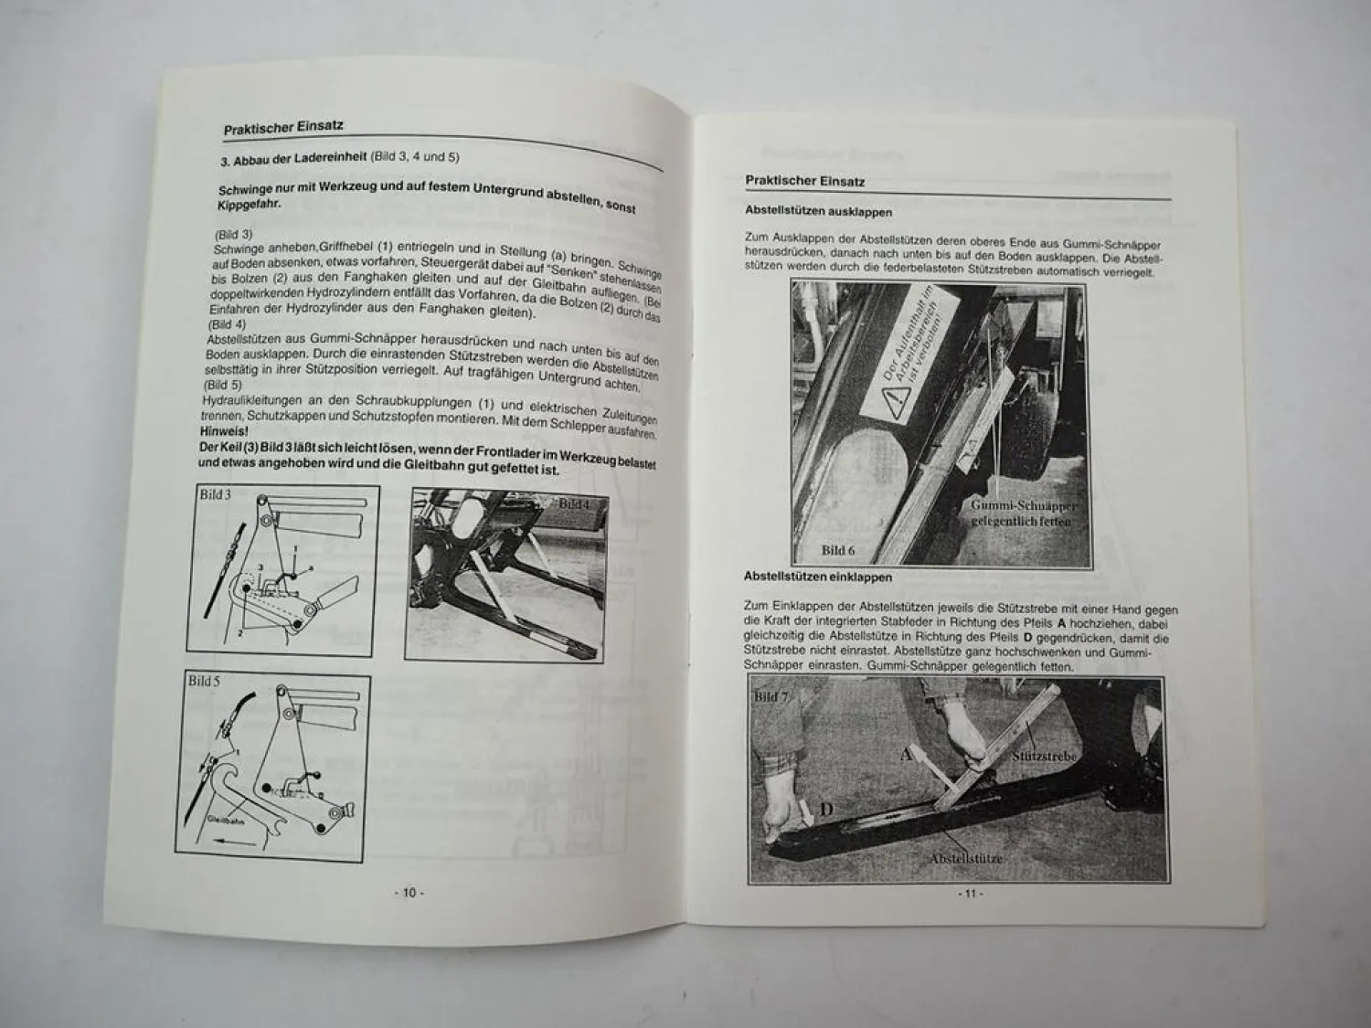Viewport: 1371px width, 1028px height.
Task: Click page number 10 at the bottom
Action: (x=409, y=893)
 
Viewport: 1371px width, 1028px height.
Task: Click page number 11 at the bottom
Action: (x=969, y=894)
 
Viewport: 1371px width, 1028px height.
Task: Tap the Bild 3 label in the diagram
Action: (x=216, y=494)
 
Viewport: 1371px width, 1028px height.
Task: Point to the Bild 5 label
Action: (x=205, y=681)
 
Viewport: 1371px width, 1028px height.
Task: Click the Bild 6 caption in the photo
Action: (x=838, y=549)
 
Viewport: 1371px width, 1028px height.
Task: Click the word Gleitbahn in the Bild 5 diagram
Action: (x=224, y=821)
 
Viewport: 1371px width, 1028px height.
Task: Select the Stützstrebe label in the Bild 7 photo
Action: (x=1042, y=757)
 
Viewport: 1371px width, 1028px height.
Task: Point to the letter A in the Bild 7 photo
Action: (x=906, y=755)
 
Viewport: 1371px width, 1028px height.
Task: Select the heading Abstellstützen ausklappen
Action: (x=818, y=211)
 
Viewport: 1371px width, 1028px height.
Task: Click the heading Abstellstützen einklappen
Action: (x=817, y=577)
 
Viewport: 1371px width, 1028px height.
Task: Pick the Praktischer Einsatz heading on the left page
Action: (x=283, y=127)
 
